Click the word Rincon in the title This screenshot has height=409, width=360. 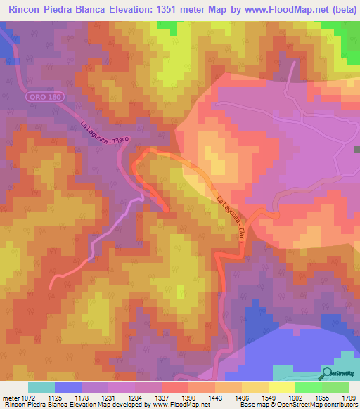coord(27,9)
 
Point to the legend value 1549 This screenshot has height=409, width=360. coord(270,398)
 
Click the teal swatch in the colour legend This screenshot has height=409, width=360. coord(41,387)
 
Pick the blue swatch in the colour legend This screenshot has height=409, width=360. coord(68,387)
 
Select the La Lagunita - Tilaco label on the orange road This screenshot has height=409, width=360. coord(231,219)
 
